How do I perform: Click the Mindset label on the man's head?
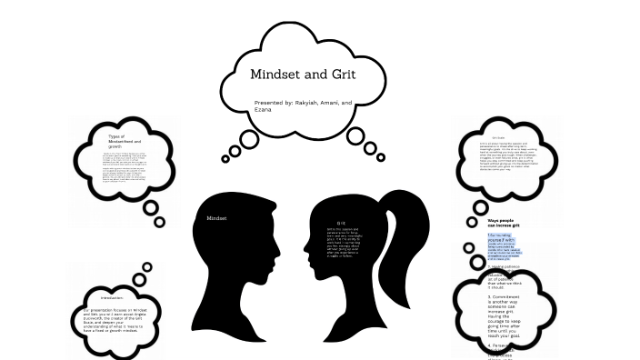click(216, 218)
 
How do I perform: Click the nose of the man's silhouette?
click(295, 245)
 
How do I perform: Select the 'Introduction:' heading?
click(111, 298)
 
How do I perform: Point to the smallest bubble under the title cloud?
click(225, 159)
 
